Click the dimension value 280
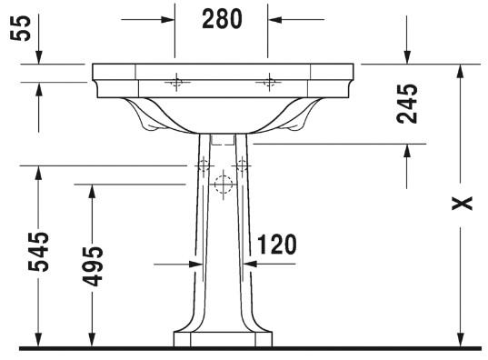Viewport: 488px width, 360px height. point(223,17)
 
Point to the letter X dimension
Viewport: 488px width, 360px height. point(464,203)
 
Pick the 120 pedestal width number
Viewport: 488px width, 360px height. point(277,245)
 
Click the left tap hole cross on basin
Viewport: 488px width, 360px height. point(175,84)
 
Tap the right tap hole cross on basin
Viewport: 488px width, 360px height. point(267,84)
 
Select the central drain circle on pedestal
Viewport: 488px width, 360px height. point(222,185)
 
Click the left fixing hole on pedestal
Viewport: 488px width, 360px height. point(203,166)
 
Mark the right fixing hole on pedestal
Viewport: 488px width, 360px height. point(242,166)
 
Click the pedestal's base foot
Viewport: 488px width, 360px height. point(223,338)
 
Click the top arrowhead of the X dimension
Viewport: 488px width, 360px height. point(463,70)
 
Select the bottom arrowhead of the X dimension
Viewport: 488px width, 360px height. point(463,341)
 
